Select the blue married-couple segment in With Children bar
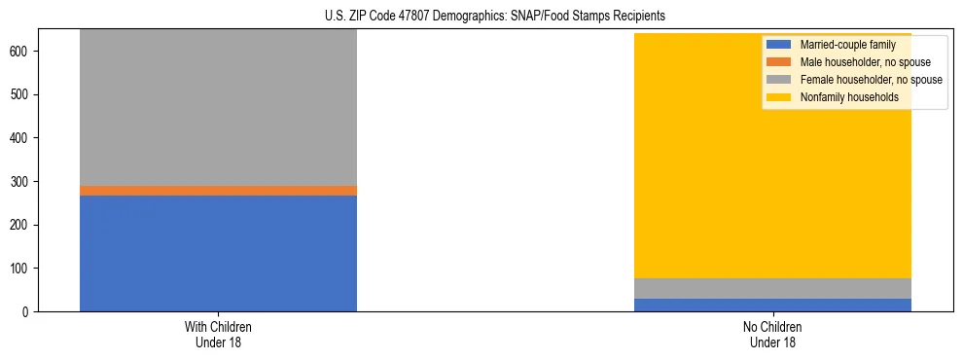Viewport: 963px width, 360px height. point(218,253)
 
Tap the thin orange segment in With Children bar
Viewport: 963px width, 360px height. point(218,191)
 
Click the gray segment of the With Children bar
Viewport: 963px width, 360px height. point(218,107)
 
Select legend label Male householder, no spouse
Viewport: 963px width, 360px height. point(865,62)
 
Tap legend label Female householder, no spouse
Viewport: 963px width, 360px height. point(871,80)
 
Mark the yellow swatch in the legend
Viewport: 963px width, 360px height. point(779,97)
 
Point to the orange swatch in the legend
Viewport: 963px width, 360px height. point(779,62)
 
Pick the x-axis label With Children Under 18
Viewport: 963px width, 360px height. point(218,334)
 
